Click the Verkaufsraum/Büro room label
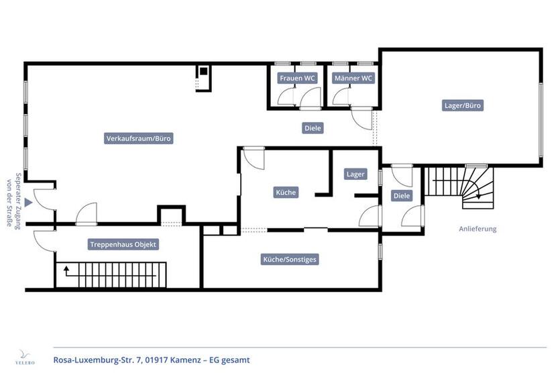tap(139, 139)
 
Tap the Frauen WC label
tap(297, 78)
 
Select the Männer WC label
tap(353, 78)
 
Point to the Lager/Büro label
tap(463, 105)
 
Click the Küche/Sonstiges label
tap(290, 259)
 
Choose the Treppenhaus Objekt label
tap(123, 245)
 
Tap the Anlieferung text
tap(477, 229)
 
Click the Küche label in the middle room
tap(286, 193)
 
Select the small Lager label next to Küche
tap(355, 174)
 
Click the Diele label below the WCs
tap(313, 127)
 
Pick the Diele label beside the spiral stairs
tap(402, 196)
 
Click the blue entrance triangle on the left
tap(28, 201)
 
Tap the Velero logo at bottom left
tap(25, 356)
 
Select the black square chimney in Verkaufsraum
tap(203, 71)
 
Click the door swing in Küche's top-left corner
tap(253, 158)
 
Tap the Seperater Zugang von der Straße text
tap(14, 201)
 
